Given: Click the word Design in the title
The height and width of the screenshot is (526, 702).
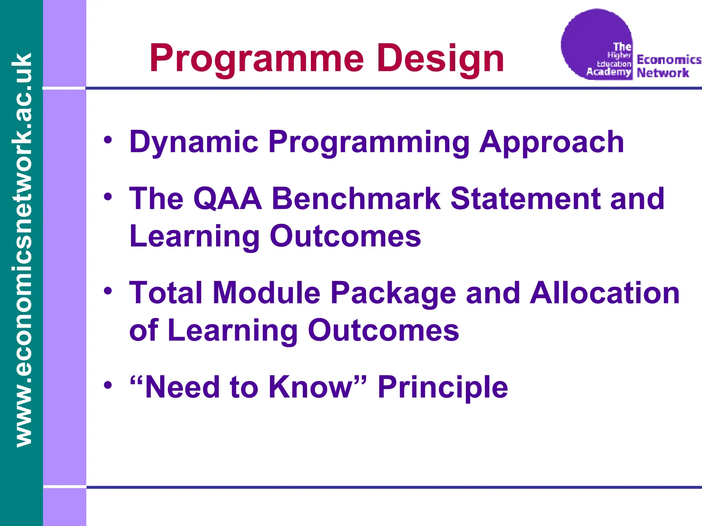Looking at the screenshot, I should coord(440,59).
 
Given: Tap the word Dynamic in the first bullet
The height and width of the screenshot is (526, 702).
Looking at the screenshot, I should coord(194,142).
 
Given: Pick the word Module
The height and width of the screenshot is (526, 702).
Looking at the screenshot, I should coord(266,293).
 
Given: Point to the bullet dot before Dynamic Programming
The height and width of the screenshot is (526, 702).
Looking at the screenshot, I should coord(108,141).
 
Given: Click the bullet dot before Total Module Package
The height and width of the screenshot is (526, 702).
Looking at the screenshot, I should coord(108,291).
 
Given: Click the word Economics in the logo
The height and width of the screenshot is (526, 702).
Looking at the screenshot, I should coord(668,60).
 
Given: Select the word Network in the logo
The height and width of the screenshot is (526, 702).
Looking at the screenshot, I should coord(663,73).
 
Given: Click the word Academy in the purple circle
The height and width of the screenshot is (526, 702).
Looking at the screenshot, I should coord(608,72).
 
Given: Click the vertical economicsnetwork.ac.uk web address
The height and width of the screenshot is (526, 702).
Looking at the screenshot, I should coord(21,250).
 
